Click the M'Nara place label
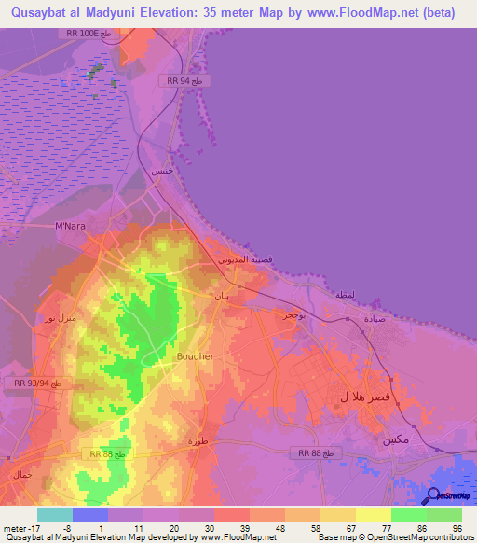pyautogui.click(x=71, y=226)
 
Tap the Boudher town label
pyautogui.click(x=195, y=355)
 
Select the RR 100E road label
pyautogui.click(x=89, y=33)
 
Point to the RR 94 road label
pyautogui.click(x=190, y=81)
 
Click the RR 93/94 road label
pyautogui.click(x=38, y=383)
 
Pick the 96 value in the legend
pyautogui.click(x=457, y=527)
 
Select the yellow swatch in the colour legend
pyautogui.click(x=374, y=514)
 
